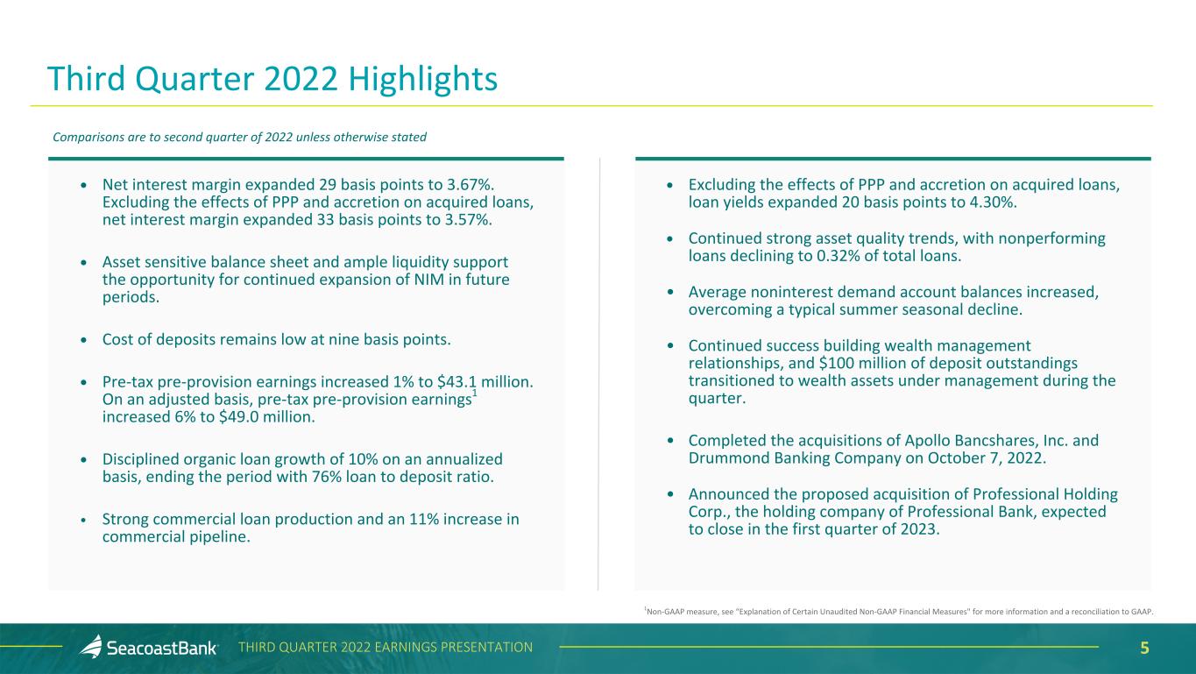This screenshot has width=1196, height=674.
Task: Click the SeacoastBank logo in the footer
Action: [x=149, y=648]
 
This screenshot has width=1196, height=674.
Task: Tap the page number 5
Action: [x=1144, y=648]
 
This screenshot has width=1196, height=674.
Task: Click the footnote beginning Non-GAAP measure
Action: [x=899, y=611]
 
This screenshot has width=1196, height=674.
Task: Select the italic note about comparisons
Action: [x=240, y=138]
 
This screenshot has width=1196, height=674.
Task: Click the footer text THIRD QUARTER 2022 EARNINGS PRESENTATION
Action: [x=386, y=648]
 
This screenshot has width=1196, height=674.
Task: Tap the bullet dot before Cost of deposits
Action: [x=83, y=340]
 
